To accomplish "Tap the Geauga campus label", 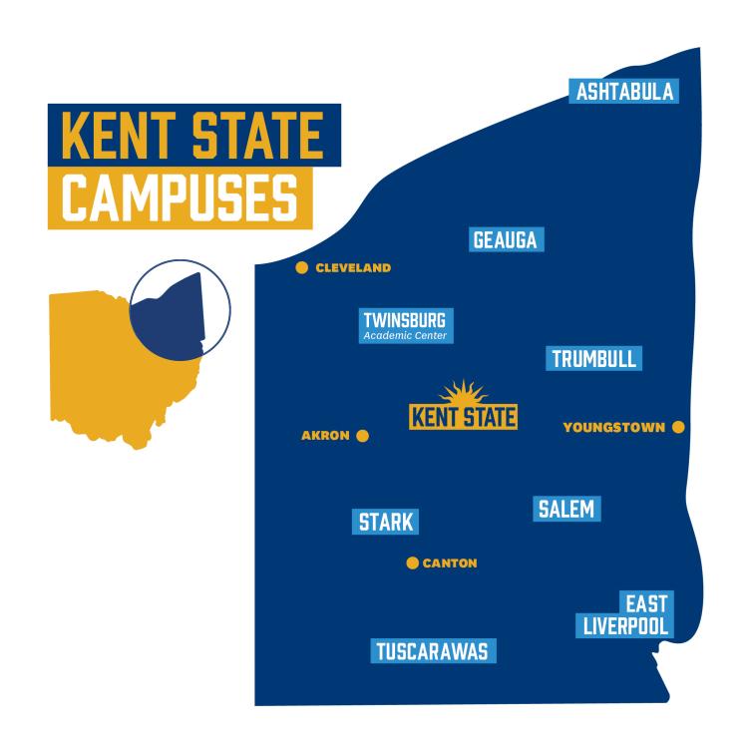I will [x=505, y=240].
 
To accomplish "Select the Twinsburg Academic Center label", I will [x=404, y=326].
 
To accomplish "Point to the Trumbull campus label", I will [x=594, y=359].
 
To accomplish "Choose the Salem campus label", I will [x=565, y=509].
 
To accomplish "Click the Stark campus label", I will [x=385, y=522].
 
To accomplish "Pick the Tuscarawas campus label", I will [x=432, y=652].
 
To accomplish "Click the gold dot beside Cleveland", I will [x=301, y=267].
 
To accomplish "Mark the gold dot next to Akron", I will [x=362, y=436].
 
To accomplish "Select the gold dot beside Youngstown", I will [x=678, y=427].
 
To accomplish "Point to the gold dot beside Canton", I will [x=412, y=562].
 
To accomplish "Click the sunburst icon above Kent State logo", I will [x=462, y=393].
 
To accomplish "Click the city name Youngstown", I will [x=613, y=428].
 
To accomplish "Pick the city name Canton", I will [x=450, y=563].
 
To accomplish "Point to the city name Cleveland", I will [x=353, y=268].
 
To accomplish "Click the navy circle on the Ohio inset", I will [x=180, y=309].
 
